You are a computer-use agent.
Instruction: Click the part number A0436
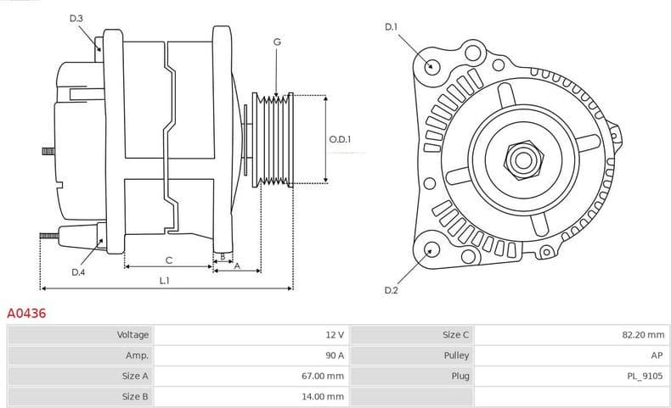pos(26,313)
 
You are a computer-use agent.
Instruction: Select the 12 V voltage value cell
pos(335,335)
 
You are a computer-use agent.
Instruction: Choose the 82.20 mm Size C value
pos(642,335)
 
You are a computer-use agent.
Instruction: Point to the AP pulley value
pos(656,355)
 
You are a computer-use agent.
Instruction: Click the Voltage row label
pos(133,335)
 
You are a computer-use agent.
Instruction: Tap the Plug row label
pos(460,376)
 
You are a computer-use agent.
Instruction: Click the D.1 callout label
pos(391,27)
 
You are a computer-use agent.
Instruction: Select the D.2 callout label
pos(391,291)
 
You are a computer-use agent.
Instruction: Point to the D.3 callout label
pos(76,18)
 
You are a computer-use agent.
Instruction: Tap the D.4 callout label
pos(78,271)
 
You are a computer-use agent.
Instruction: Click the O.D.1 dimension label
pos(340,139)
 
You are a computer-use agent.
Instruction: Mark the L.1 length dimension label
pos(165,280)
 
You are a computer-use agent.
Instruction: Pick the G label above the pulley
pos(277,42)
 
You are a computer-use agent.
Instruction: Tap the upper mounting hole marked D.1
pos(431,66)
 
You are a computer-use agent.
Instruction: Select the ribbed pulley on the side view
pos(274,138)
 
